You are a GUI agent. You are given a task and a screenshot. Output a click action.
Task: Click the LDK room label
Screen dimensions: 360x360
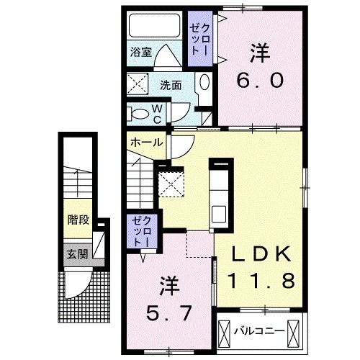(261, 254)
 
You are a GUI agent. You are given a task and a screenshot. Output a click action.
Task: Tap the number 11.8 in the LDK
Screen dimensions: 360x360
(261, 281)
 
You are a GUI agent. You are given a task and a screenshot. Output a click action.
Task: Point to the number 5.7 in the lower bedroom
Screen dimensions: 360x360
(166, 314)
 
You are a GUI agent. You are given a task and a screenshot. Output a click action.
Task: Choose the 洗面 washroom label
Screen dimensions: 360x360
(171, 84)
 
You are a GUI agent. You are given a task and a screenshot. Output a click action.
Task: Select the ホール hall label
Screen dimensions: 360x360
(145, 143)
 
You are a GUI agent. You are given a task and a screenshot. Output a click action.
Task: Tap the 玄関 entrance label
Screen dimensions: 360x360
(78, 253)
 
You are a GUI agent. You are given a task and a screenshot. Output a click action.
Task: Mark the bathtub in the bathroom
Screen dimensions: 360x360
(155, 27)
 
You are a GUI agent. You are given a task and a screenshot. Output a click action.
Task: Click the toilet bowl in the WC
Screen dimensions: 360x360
(138, 112)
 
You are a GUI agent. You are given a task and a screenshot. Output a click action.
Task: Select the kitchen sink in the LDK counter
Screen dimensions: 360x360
(219, 213)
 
